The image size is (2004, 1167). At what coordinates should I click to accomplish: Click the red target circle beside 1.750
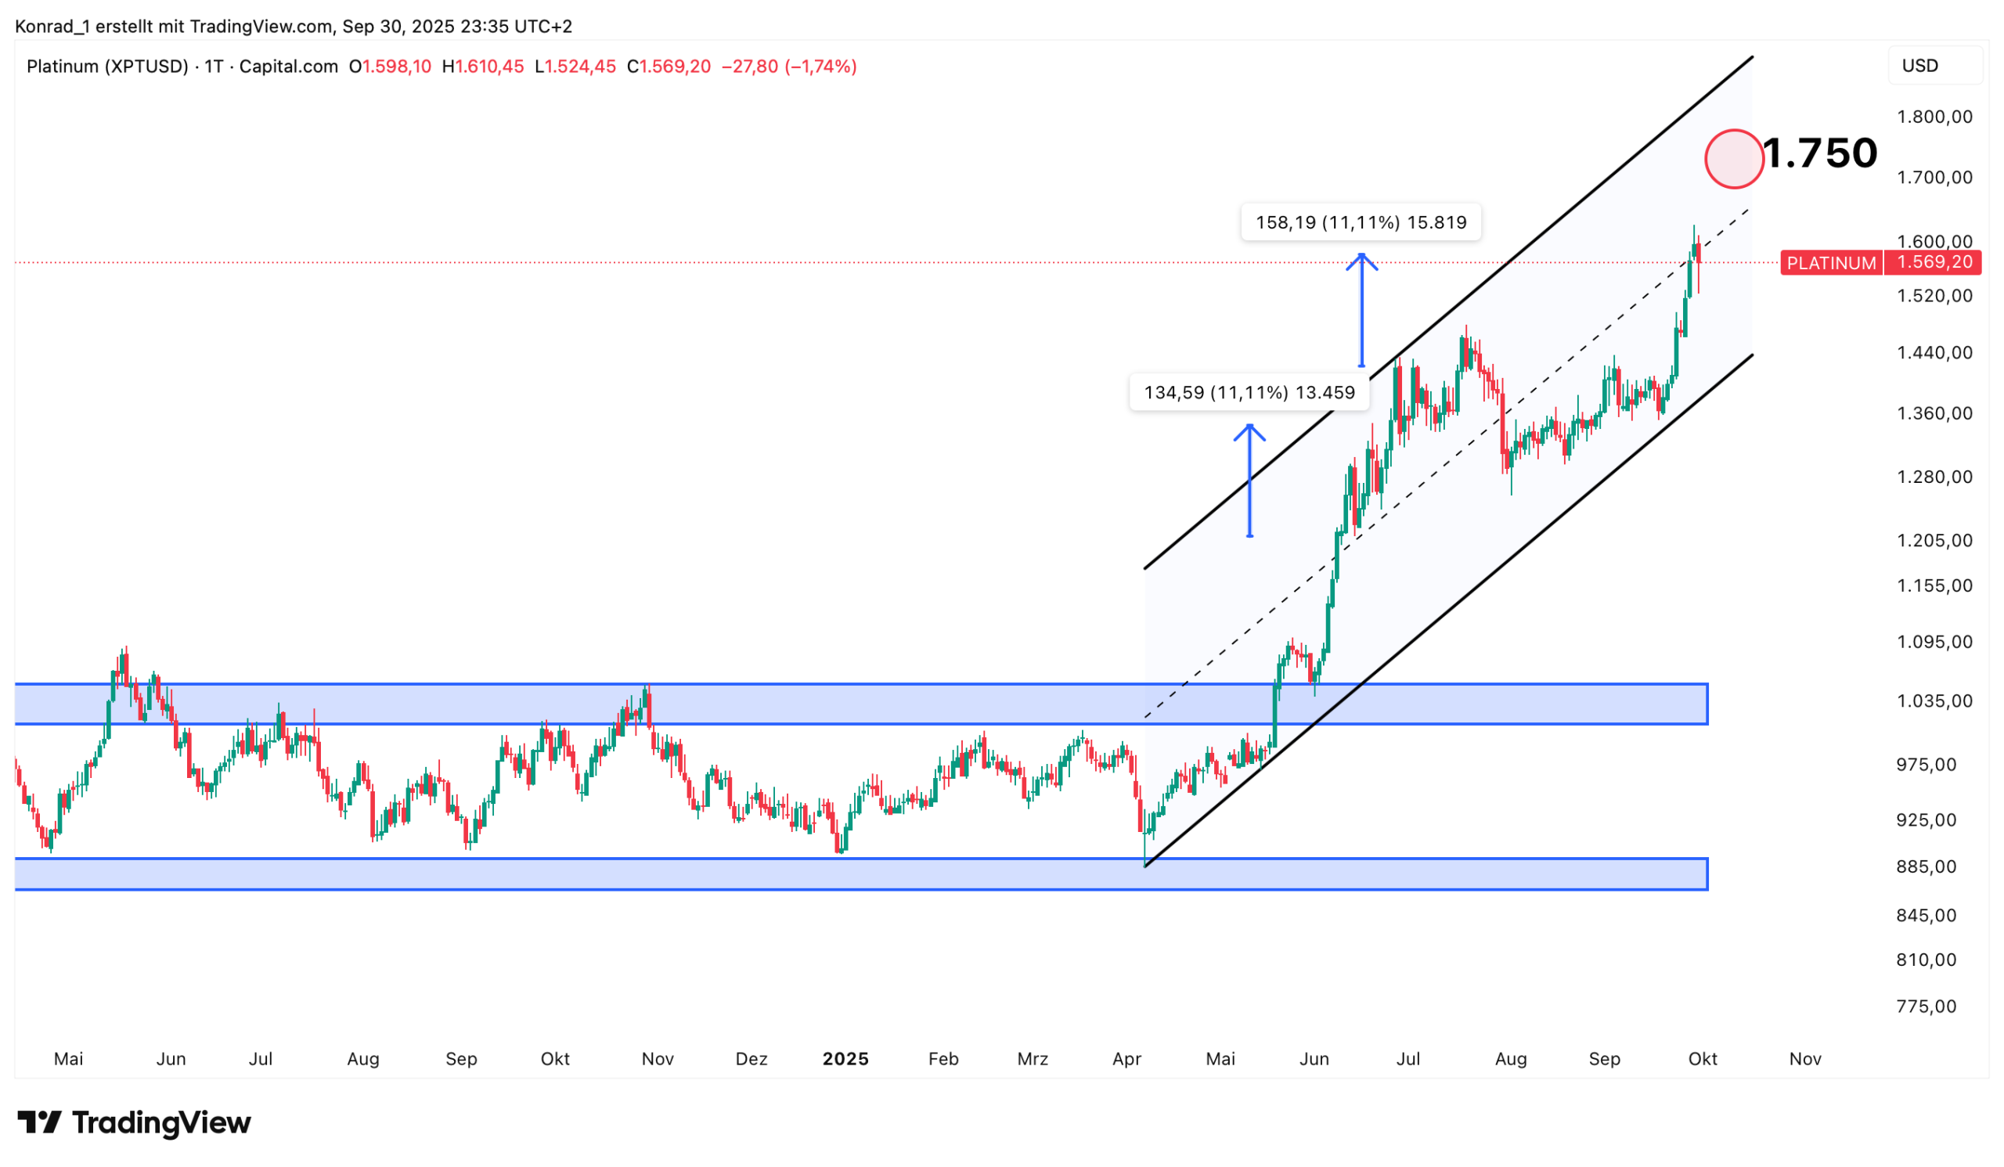click(1734, 159)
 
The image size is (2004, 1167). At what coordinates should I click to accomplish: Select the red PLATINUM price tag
click(1831, 262)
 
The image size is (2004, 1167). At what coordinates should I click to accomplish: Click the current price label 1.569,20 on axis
click(1934, 262)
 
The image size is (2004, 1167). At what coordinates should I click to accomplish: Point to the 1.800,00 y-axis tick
click(1934, 117)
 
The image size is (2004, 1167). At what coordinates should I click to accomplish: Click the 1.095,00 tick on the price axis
click(1934, 642)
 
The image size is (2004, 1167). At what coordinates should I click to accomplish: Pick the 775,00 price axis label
click(1926, 1007)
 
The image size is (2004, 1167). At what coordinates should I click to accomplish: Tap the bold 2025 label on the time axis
click(845, 1059)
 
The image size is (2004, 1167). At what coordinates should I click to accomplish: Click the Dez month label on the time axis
click(751, 1059)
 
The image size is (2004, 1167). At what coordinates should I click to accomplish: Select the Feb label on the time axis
click(943, 1059)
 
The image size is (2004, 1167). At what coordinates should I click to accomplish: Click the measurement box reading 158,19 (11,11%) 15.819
click(1361, 222)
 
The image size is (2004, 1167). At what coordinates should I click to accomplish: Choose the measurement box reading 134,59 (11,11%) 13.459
click(1249, 393)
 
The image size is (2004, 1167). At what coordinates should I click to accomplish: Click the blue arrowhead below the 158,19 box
click(1361, 261)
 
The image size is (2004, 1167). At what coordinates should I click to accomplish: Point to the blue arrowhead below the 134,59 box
click(1249, 432)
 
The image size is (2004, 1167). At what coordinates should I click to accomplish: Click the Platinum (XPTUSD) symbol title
click(107, 67)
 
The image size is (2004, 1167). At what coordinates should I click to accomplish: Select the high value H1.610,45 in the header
click(483, 67)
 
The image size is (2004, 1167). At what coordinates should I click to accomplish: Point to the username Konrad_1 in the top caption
click(52, 27)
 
